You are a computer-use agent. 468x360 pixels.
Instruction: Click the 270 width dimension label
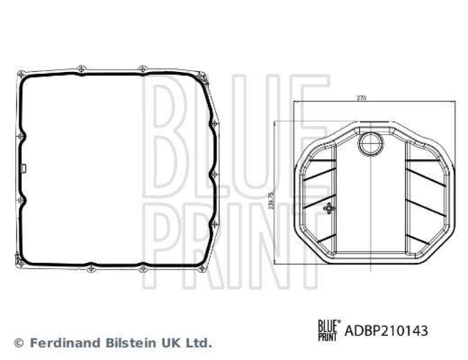(x=361, y=99)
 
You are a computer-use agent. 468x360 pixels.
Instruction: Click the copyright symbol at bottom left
(x=19, y=342)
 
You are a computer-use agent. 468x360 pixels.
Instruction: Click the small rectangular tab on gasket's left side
(x=24, y=169)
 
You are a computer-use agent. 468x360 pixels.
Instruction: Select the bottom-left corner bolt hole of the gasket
(x=21, y=263)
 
